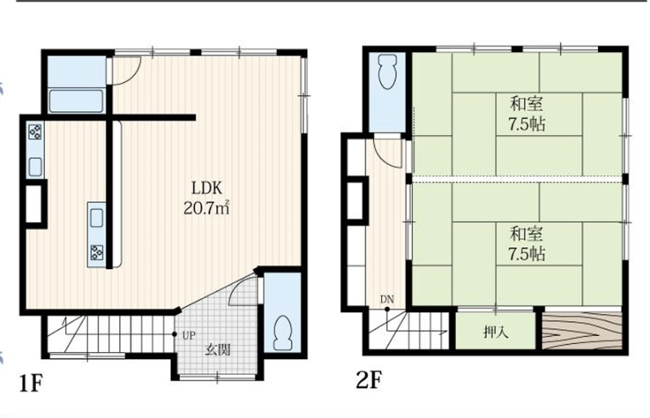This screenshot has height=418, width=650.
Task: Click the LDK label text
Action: coord(207,189)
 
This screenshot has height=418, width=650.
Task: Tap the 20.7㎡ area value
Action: coord(206,207)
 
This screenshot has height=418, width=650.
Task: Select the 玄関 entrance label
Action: coord(218,350)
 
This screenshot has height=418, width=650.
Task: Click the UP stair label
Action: coord(188,335)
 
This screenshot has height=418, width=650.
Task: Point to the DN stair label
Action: coord(388,299)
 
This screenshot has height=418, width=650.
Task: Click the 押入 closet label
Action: coord(496,332)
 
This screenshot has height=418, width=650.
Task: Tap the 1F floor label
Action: coord(31,383)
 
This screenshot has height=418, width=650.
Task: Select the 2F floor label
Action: coord(369,380)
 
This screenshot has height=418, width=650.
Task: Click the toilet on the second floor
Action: coord(388,72)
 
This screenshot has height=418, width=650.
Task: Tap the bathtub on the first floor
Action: coord(76,102)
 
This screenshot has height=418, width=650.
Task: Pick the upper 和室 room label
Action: coord(526,104)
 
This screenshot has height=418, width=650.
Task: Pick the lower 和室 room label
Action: coord(526,234)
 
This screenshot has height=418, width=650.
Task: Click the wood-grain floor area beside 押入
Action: coord(583,331)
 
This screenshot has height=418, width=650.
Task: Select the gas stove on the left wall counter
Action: coord(35,132)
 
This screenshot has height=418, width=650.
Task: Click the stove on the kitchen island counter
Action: coord(97,252)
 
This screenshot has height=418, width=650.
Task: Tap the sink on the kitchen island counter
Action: coord(97,217)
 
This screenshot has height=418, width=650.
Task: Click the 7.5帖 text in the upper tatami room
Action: coord(526,124)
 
